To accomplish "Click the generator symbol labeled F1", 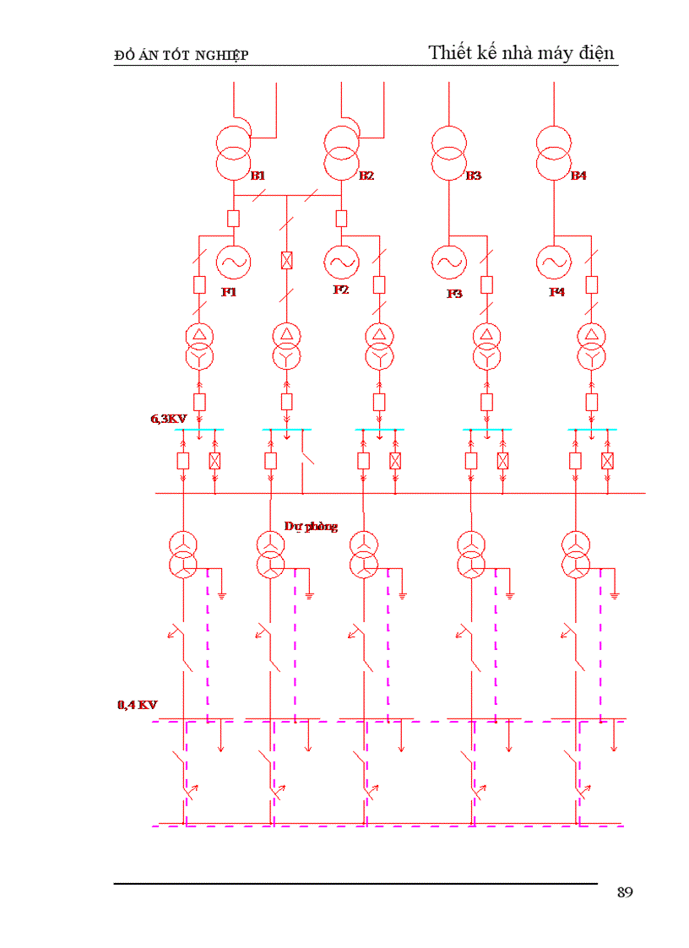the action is (234, 263).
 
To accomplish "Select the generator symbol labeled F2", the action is (342, 263).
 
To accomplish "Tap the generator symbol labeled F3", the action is (449, 263).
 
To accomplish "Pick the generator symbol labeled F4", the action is (554, 263).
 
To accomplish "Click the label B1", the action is (258, 176).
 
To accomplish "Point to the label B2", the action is (366, 176).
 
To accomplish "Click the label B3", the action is (474, 176).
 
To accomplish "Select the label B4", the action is (579, 176).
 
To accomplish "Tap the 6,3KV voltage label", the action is (169, 419).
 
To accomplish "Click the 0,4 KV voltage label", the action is (138, 705).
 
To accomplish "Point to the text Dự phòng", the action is (311, 527).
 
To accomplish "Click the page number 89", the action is (625, 892).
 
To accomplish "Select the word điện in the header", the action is (596, 53).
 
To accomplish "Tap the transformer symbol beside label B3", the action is (449, 153).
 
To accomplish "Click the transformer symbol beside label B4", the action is (554, 153).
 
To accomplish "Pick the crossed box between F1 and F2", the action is (287, 261).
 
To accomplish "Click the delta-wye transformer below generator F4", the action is (592, 346).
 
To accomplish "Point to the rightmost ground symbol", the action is (615, 596).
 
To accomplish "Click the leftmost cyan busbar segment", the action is (199, 430).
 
